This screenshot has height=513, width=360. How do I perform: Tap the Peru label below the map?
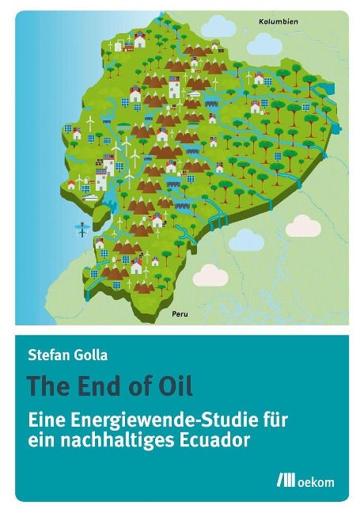(x=181, y=314)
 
